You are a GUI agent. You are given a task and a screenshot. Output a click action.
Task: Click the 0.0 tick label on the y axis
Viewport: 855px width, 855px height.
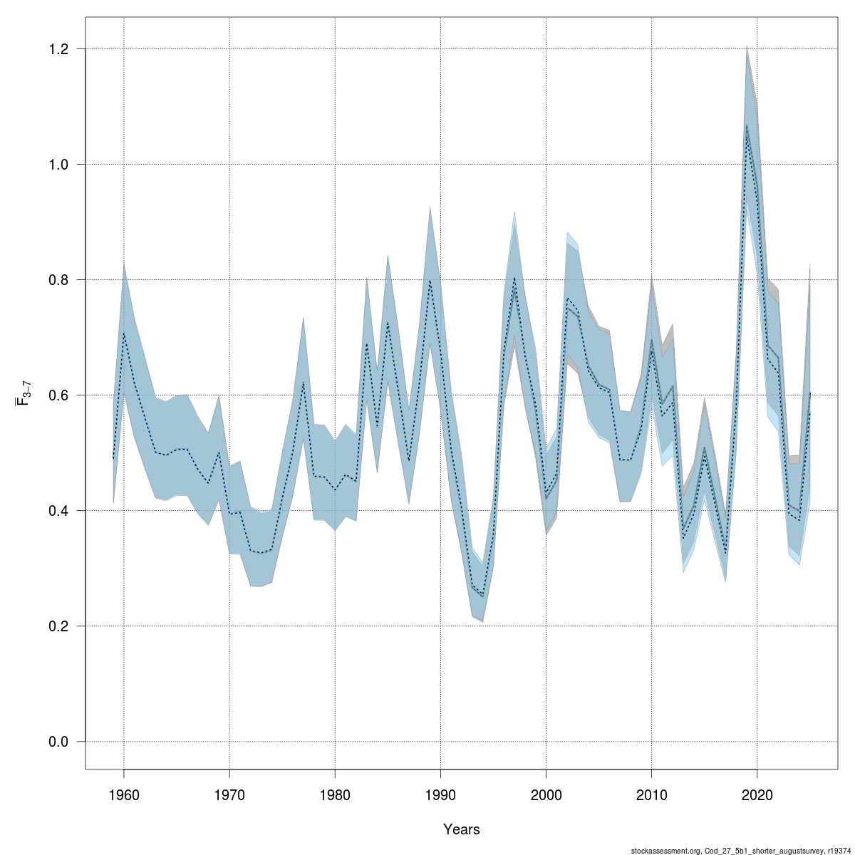click(59, 742)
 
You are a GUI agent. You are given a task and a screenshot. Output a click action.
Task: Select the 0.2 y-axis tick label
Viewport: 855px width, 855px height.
click(59, 626)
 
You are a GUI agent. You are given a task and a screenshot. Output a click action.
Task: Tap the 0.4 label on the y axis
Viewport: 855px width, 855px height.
click(59, 511)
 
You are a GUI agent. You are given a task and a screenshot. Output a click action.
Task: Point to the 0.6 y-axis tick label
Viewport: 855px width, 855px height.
click(59, 395)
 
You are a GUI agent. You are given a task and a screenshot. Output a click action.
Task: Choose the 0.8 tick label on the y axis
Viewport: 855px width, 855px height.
click(59, 280)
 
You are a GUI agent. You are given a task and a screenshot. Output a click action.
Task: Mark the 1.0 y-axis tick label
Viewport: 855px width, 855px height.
click(59, 165)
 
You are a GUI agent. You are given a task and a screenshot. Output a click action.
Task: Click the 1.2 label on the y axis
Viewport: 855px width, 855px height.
click(59, 49)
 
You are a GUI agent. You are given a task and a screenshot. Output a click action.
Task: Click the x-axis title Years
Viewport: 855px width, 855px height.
click(461, 829)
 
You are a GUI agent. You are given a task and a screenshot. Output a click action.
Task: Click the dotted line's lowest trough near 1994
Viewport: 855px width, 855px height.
click(483, 595)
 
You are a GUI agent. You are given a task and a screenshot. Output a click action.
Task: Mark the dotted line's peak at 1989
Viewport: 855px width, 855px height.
click(430, 280)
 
